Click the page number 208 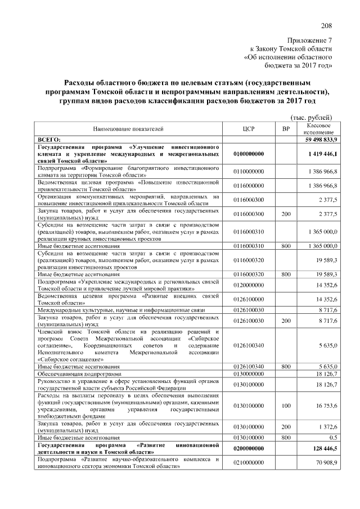327,25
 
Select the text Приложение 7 310,40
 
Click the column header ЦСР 249,128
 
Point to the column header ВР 286,128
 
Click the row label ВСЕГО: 48,138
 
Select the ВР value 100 286,405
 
